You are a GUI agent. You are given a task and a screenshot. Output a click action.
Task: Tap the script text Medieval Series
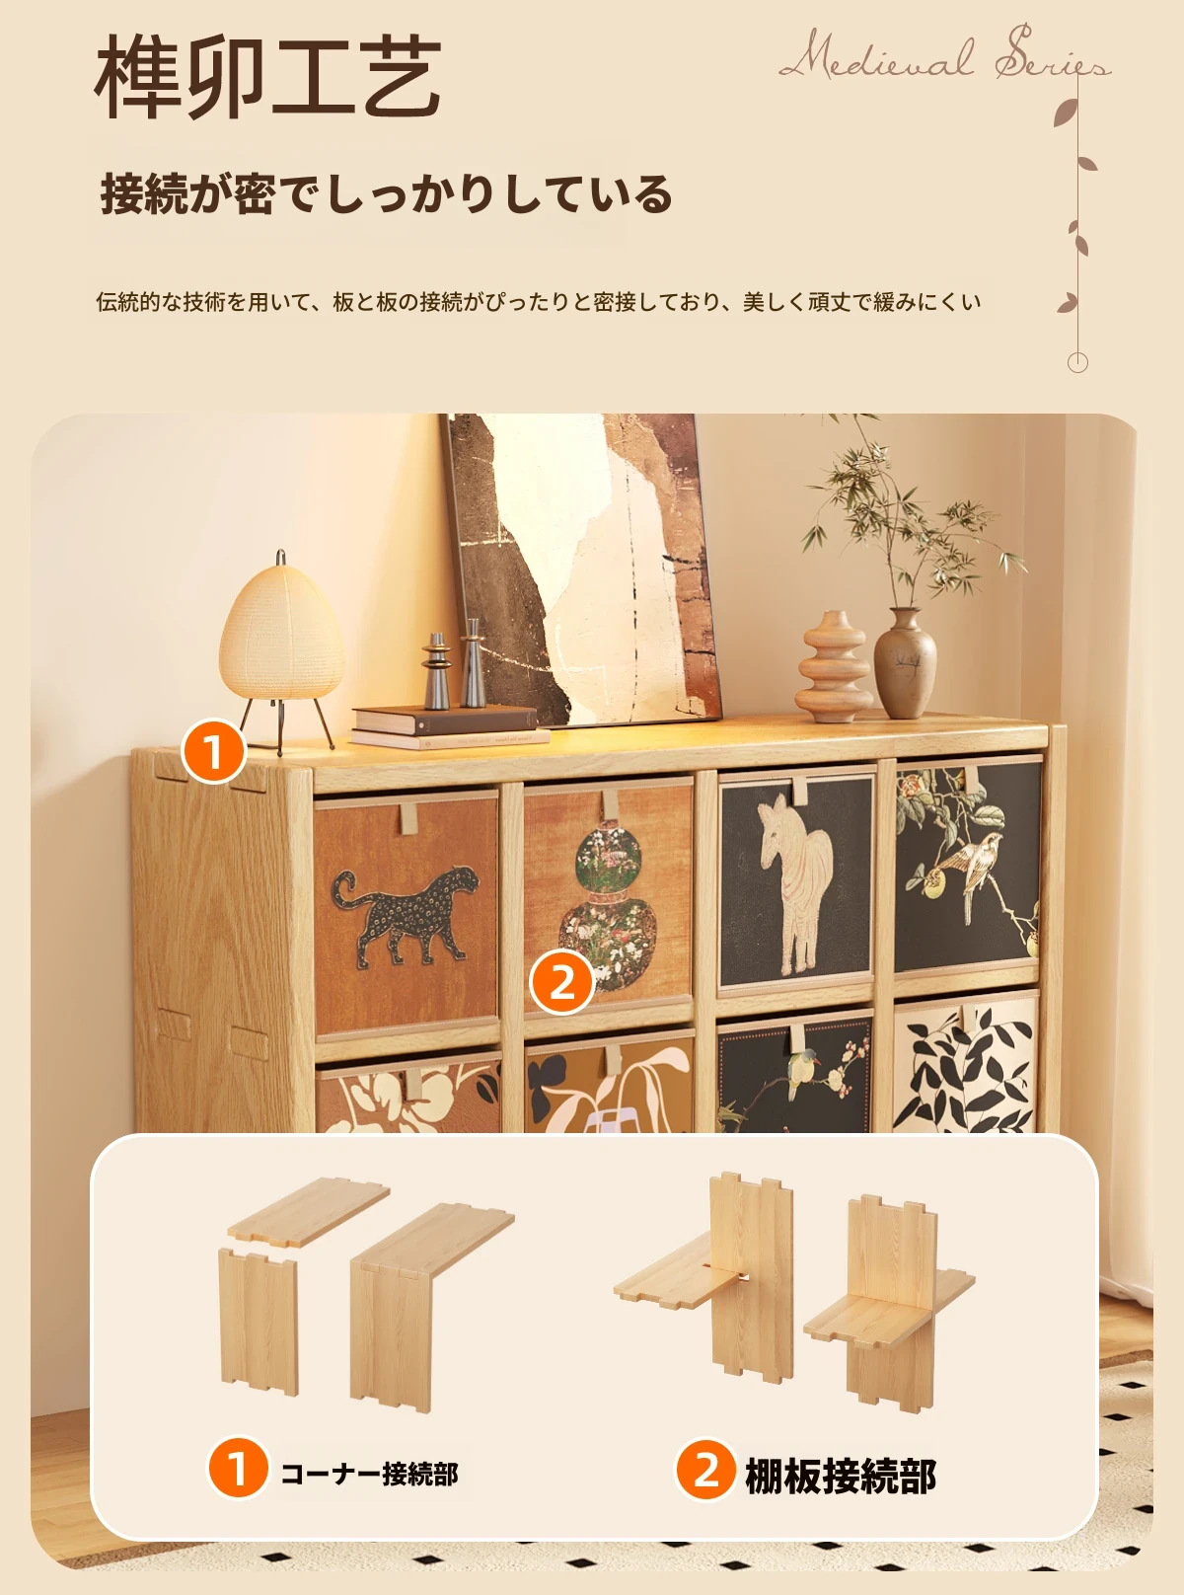coord(945,55)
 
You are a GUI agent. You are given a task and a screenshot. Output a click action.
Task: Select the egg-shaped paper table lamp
coord(281,650)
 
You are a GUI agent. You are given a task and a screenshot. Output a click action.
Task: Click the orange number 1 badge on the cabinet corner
coord(213,751)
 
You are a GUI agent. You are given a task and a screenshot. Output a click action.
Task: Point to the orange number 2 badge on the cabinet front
coord(561,982)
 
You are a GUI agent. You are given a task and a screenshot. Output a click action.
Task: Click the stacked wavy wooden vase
coord(833,666)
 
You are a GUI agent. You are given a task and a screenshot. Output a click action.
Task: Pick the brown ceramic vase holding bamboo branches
coord(905,663)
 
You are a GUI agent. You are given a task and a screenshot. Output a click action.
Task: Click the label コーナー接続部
coord(369,1475)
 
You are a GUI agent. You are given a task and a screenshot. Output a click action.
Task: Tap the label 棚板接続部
coord(841,1476)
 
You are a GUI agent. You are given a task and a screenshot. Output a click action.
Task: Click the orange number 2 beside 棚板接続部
coord(705,1470)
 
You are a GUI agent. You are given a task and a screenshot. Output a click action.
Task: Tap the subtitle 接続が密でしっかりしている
coord(387,194)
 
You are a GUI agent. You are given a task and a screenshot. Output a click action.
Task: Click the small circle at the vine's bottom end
coord(1076,362)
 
